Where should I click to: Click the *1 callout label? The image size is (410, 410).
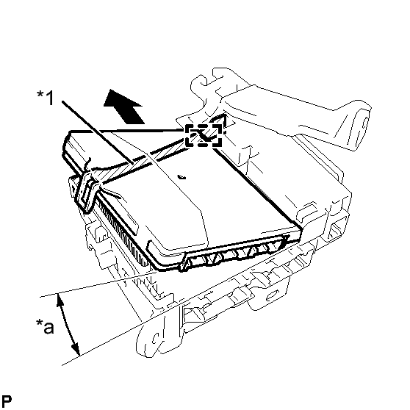[46, 97]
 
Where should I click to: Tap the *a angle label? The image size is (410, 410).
[45, 326]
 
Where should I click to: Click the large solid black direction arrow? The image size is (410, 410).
[123, 106]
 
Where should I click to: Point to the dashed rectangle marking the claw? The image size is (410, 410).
[204, 135]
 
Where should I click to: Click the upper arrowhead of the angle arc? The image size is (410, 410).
[60, 300]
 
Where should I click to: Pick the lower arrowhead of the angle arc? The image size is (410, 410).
[76, 349]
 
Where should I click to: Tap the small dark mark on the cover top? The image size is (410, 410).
[181, 177]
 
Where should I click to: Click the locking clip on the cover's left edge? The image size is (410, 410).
[86, 190]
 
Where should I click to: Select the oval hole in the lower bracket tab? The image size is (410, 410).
[272, 295]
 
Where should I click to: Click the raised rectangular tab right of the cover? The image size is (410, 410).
[308, 209]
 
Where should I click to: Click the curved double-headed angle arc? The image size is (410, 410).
[67, 324]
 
